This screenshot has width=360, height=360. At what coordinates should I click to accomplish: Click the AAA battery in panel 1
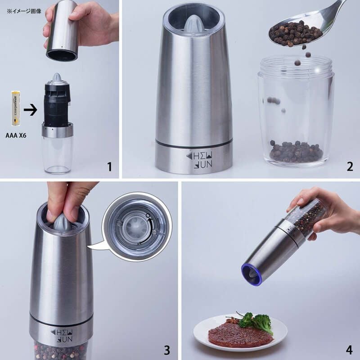pyautogui.click(x=16, y=108)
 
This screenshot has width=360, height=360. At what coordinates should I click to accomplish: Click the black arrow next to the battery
pyautogui.click(x=30, y=109)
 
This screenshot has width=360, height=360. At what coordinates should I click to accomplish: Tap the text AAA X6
pyautogui.click(x=16, y=135)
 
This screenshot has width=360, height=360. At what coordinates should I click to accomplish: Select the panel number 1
pyautogui.click(x=109, y=167)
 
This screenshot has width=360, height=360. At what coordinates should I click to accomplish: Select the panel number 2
pyautogui.click(x=350, y=167)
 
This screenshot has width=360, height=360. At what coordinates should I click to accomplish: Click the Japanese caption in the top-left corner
pyautogui.click(x=25, y=10)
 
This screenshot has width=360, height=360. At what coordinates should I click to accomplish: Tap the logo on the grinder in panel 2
pyautogui.click(x=199, y=160)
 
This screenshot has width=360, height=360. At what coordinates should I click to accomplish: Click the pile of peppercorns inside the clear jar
pyautogui.click(x=296, y=152)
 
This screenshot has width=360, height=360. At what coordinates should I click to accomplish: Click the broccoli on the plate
pyautogui.click(x=255, y=322)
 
